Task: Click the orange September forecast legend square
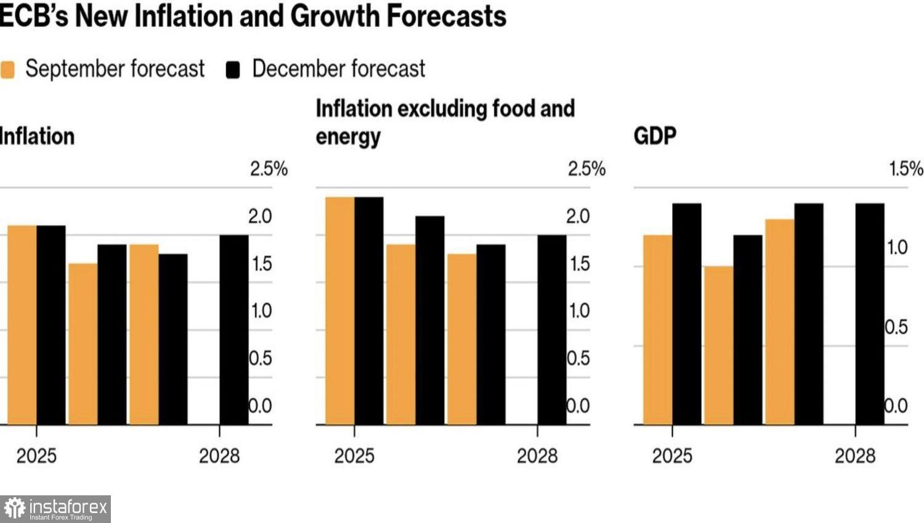pyautogui.click(x=8, y=70)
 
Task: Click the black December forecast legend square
pyautogui.click(x=233, y=70)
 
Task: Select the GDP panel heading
pyautogui.click(x=655, y=135)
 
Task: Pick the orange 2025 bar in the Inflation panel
pyautogui.click(x=22, y=325)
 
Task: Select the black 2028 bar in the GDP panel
pyautogui.click(x=870, y=314)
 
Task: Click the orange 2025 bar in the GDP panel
pyautogui.click(x=657, y=329)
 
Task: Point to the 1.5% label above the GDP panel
pyautogui.click(x=906, y=169)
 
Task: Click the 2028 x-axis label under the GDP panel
pyautogui.click(x=854, y=456)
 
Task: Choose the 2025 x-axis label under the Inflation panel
pyautogui.click(x=36, y=456)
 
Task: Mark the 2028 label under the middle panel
pyautogui.click(x=537, y=456)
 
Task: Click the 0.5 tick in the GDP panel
pyautogui.click(x=896, y=327)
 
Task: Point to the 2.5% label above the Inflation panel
pyautogui.click(x=269, y=169)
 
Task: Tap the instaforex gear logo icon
pyautogui.click(x=14, y=509)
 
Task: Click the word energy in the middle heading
pyautogui.click(x=348, y=137)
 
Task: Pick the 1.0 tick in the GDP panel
pyautogui.click(x=897, y=247)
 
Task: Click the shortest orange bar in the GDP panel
pyautogui.click(x=718, y=345)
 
